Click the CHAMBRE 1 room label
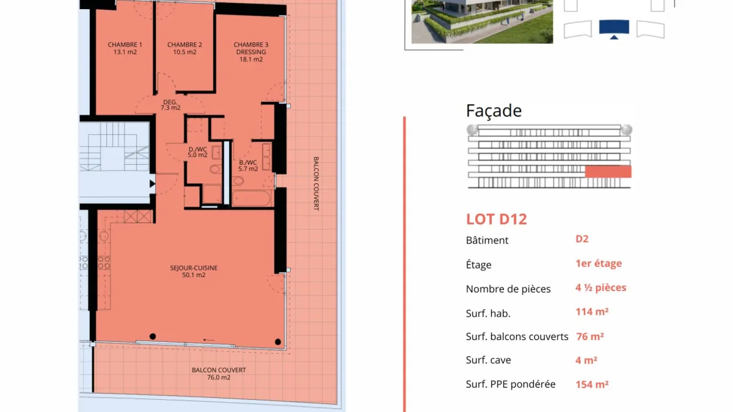point(125,45)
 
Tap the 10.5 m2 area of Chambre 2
point(184,52)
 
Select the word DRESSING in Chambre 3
point(251,52)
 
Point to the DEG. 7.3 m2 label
point(170,104)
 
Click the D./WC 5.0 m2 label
point(198,152)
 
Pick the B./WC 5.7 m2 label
point(248,165)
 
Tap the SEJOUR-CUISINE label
point(194,268)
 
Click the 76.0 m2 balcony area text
point(219,377)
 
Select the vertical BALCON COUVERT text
point(316,184)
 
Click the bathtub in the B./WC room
point(251,198)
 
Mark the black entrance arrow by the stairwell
point(153,184)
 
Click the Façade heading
point(494,110)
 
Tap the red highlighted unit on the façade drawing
point(608,172)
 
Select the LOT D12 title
point(497,219)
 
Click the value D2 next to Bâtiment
point(582,239)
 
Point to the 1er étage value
point(599,263)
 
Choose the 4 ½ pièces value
point(601,287)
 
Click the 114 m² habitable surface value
point(592,312)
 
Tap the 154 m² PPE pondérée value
point(592,384)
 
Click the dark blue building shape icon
point(614,28)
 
